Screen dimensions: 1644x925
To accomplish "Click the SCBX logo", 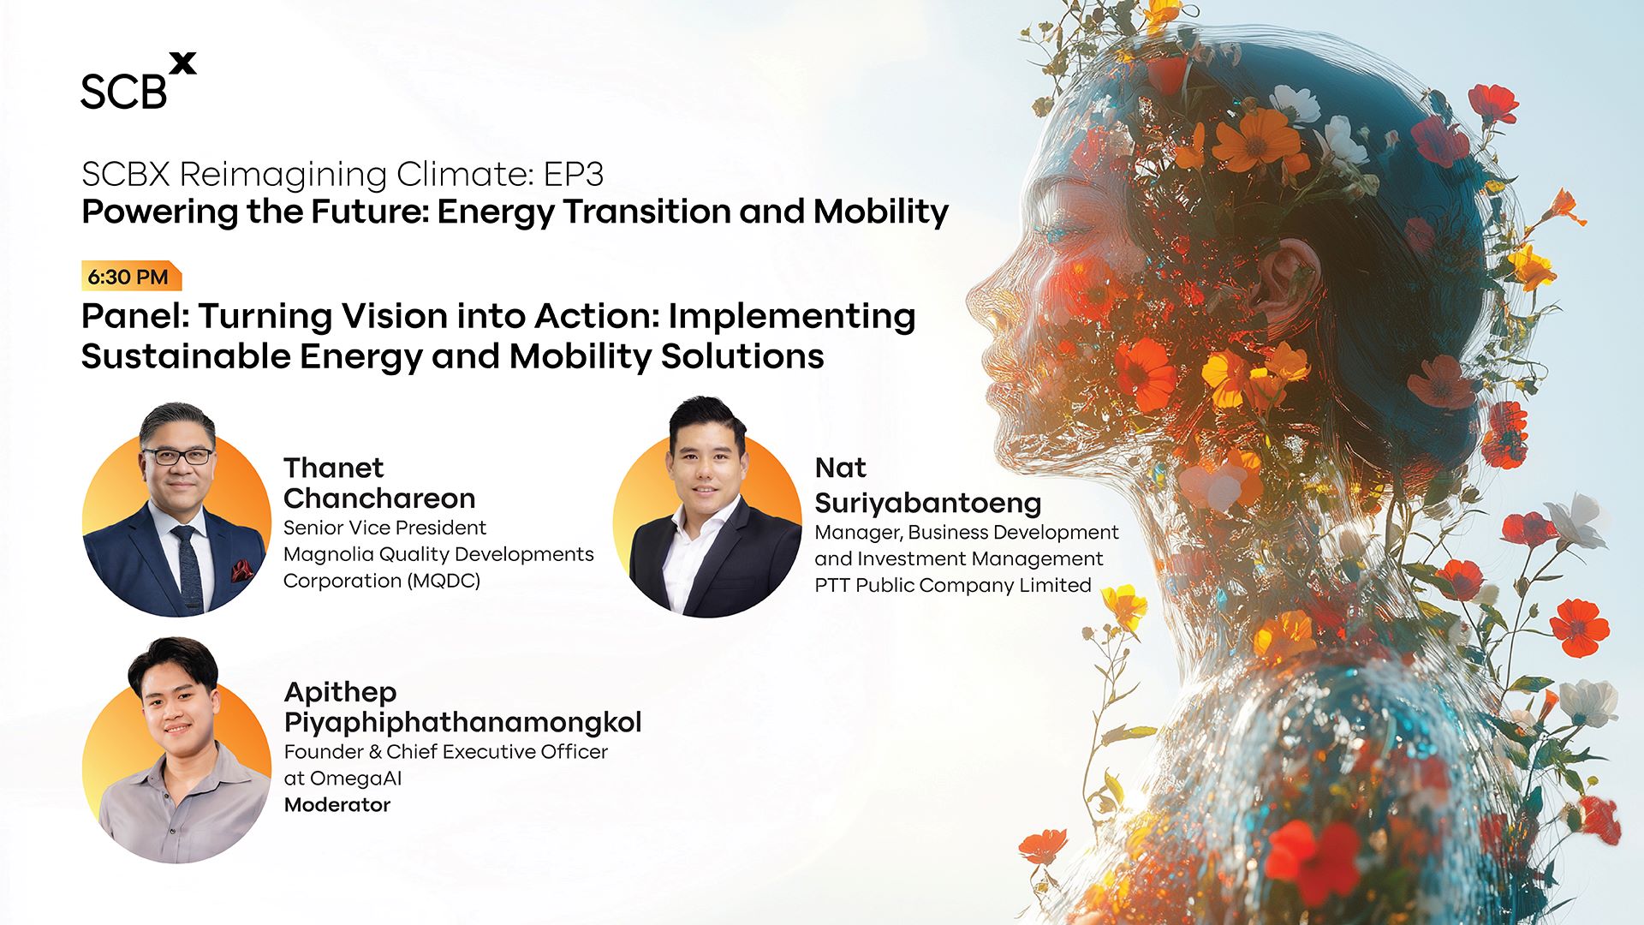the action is (138, 81).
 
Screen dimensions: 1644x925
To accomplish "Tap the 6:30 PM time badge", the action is (131, 277).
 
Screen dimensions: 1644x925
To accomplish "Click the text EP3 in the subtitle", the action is (573, 175).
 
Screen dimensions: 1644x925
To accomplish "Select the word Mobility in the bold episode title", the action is (881, 212).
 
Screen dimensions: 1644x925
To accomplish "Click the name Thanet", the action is (334, 468).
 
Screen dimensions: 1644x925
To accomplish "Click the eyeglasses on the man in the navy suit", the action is (177, 457).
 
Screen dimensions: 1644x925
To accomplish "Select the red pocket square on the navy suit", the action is (241, 569).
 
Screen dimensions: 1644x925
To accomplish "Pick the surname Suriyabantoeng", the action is (928, 503).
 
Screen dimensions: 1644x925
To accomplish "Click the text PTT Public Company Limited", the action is (953, 586).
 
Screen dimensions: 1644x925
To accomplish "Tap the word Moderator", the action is (337, 805).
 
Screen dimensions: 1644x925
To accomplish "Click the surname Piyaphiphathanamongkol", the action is (462, 723).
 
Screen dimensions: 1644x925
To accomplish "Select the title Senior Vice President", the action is (384, 528).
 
